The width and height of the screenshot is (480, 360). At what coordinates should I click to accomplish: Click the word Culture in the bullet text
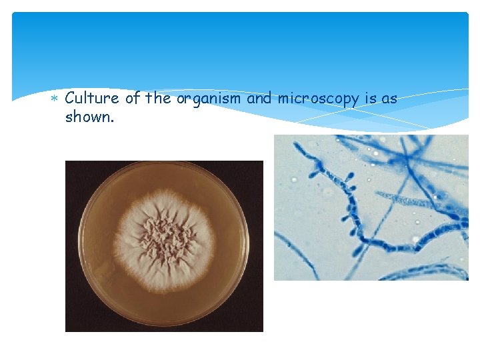point(92,99)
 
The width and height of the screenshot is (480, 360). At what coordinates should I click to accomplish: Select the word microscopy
point(319,99)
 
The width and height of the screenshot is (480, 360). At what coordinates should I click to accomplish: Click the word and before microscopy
point(259,99)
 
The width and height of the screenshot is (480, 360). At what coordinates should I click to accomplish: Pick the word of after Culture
point(133,99)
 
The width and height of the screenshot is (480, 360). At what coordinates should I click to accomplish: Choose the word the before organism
point(158,99)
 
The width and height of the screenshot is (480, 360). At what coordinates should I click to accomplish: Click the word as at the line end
point(389,99)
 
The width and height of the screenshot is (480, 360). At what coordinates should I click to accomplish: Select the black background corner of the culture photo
point(72,323)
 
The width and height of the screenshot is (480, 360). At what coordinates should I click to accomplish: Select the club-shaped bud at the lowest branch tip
point(358,251)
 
